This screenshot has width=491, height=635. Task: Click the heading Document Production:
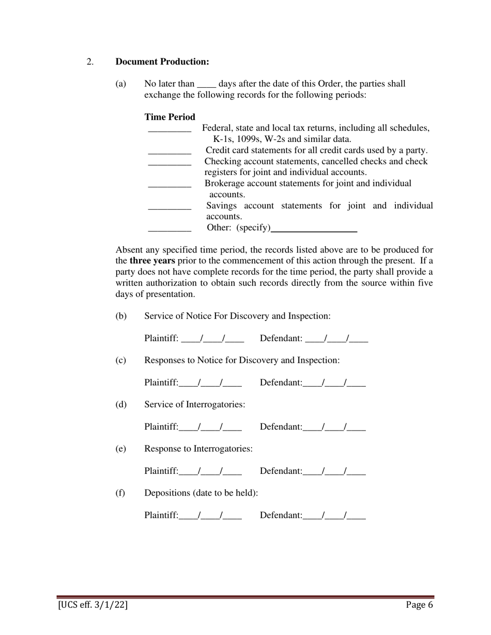tap(162, 62)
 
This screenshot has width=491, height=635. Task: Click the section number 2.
tap(90, 62)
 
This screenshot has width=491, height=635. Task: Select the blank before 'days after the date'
tap(207, 84)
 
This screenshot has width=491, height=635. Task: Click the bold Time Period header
tap(170, 117)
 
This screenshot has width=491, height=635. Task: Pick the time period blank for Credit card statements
tap(170, 151)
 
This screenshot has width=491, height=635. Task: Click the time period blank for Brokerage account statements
tap(170, 184)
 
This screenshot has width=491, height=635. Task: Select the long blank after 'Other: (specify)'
tap(314, 228)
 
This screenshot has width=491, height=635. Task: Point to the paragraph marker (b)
tap(120, 316)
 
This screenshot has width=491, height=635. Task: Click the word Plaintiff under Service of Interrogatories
tap(161, 427)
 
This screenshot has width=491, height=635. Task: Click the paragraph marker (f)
tap(120, 493)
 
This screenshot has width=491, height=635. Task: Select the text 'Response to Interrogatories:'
tap(198, 449)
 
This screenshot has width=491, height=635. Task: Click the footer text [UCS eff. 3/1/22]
tap(93, 605)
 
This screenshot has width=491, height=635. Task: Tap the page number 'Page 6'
tap(419, 605)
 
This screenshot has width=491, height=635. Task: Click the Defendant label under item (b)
tap(281, 339)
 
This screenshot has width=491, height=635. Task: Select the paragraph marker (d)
tap(120, 405)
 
